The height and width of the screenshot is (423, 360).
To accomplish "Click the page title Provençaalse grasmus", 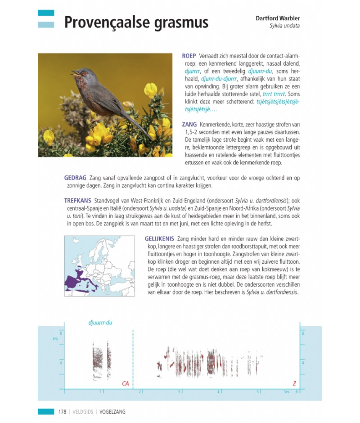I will (x=136, y=22).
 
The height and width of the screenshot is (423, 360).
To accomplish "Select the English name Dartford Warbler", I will (x=278, y=18).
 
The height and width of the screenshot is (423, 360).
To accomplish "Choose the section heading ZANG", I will (x=189, y=124).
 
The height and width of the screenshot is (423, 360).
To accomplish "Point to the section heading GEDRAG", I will (x=75, y=178).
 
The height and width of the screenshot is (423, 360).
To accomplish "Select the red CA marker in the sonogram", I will (x=126, y=383).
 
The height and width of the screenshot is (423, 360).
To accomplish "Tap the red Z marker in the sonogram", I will (x=294, y=383).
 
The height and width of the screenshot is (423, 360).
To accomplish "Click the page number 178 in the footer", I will (x=62, y=411).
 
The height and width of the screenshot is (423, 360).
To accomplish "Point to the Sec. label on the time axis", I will (x=287, y=391).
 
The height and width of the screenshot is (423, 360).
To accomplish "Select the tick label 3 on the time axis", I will (x=179, y=391).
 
